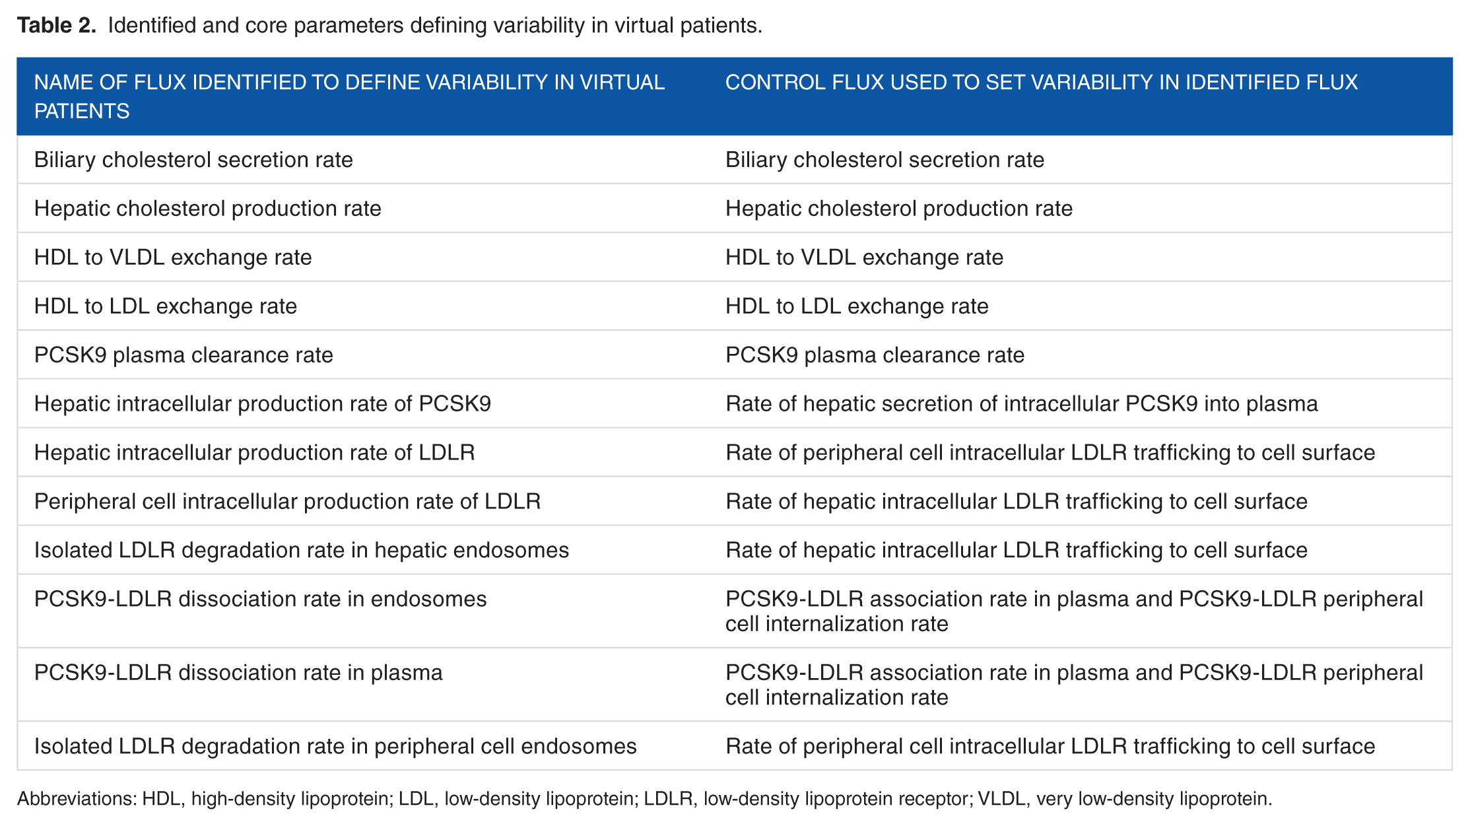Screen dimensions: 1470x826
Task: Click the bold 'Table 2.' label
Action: (57, 25)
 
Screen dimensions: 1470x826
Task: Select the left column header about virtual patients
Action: (349, 96)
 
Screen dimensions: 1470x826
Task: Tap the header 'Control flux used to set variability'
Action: (1042, 83)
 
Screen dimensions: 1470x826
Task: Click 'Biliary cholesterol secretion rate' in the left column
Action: (193, 160)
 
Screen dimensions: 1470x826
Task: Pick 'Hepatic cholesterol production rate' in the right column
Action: (899, 209)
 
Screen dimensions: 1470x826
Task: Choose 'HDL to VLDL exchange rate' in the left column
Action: (173, 258)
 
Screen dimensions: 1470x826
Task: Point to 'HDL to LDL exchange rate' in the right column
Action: (857, 306)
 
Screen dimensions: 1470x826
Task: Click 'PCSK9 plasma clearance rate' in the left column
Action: (184, 355)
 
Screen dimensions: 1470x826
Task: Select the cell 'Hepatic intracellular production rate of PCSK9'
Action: (263, 404)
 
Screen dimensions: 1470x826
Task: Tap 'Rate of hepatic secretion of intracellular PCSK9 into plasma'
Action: (1022, 404)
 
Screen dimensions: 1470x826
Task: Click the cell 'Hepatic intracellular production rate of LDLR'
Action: (255, 453)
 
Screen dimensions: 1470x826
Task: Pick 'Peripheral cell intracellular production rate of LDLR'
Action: (287, 502)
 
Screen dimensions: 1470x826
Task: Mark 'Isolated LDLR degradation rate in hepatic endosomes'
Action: (302, 551)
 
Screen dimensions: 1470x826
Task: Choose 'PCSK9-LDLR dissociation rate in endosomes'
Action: (260, 600)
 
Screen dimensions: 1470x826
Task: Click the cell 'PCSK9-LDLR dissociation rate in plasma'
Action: (238, 673)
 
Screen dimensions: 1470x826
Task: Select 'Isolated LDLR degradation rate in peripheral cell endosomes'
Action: (335, 746)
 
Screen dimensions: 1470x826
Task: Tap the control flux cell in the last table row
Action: (1050, 746)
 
